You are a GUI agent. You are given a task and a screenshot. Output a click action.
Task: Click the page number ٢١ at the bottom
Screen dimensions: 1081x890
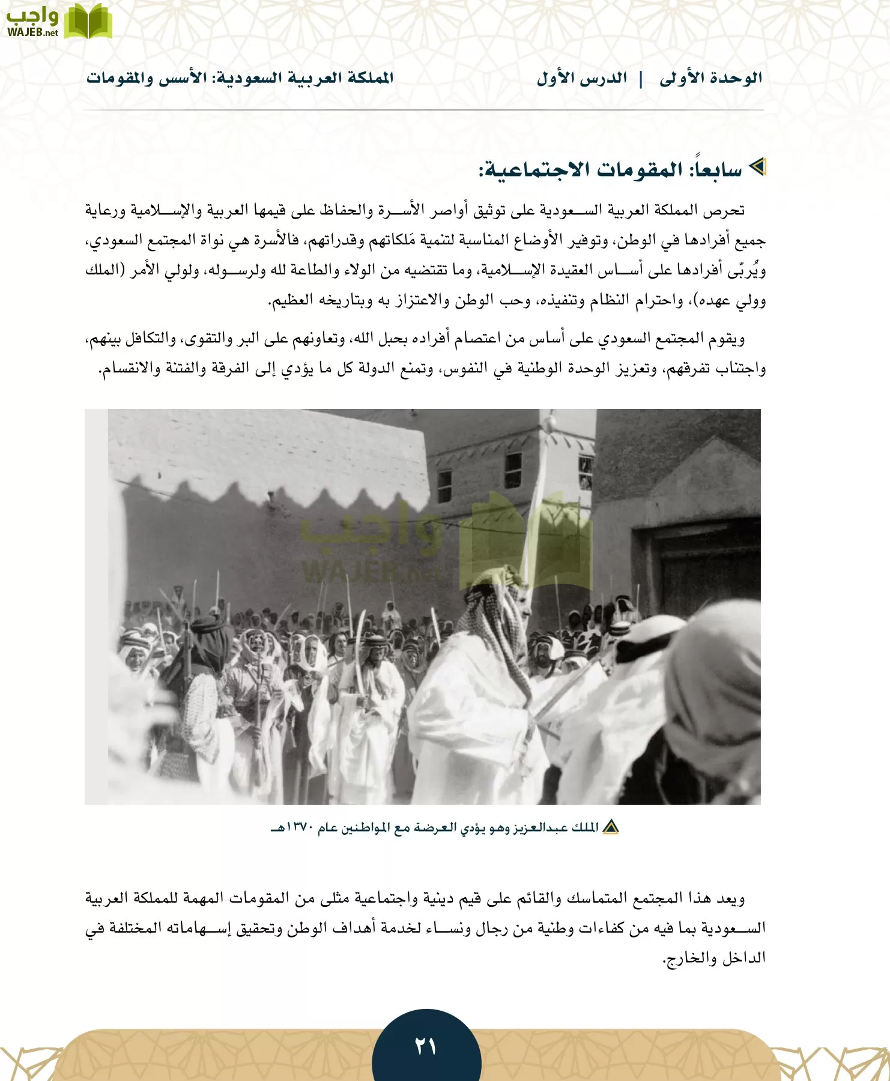tap(426, 1047)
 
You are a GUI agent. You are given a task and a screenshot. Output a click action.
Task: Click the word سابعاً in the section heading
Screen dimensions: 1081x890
tap(716, 170)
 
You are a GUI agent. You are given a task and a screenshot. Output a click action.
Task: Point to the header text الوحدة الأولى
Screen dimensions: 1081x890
tap(710, 78)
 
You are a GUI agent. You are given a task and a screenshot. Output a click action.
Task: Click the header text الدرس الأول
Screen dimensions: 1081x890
tap(581, 78)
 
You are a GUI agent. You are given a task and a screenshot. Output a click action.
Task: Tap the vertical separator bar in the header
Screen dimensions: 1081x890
tap(642, 79)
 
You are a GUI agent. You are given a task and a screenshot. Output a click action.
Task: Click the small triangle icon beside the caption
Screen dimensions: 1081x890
tap(611, 828)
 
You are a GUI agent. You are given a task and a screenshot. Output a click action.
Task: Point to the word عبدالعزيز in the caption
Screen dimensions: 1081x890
tap(540, 828)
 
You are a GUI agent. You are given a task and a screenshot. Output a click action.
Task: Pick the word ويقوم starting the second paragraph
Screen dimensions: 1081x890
tap(727, 339)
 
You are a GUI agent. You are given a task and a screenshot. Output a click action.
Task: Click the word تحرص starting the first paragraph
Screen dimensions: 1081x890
tap(727, 210)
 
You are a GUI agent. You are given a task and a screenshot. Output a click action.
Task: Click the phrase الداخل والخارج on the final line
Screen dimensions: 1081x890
tap(715, 958)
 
